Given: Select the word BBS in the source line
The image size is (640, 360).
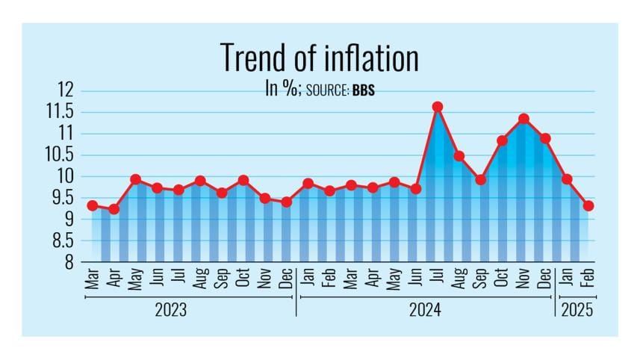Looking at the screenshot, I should click(364, 91).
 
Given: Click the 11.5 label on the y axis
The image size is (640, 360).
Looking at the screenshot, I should click(62, 112).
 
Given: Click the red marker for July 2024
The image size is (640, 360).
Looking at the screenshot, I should click(438, 107).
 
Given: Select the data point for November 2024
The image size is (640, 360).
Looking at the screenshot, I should click(524, 119).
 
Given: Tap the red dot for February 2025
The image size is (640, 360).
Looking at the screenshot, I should click(588, 206).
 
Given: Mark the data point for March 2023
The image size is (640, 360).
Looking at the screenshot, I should click(92, 205).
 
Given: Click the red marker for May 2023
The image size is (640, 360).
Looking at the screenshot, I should click(135, 179).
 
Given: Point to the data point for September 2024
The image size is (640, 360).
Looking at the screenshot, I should click(480, 180).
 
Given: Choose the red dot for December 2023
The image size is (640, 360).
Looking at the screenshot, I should click(286, 202).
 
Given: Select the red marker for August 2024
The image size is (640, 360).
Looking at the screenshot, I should click(459, 156).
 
